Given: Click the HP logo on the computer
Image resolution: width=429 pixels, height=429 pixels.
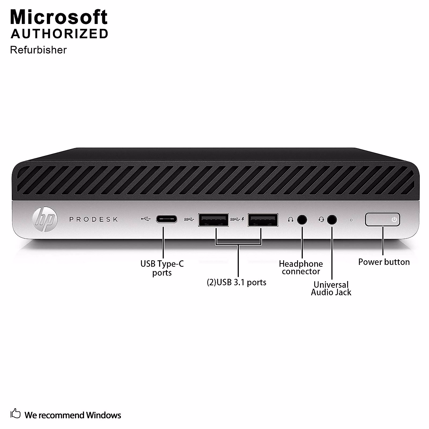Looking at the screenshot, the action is point(45,219).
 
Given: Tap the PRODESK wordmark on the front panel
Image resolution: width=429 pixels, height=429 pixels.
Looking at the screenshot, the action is point(94,219).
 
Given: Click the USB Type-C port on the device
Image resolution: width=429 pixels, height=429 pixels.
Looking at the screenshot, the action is point(166,219).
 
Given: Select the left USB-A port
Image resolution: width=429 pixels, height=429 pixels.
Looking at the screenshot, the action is point(213,220).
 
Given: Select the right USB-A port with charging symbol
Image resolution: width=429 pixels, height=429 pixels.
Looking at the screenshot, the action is point(263,220).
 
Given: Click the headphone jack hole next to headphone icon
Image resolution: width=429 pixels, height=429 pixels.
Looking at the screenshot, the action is point(302,220).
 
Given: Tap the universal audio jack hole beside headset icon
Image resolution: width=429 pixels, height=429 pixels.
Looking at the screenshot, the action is point(332,220).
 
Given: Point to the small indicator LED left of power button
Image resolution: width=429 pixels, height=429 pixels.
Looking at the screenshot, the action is point(351,220).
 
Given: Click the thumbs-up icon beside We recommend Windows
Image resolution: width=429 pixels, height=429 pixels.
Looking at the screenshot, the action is point(16,414).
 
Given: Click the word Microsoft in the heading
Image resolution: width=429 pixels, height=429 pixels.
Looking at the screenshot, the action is point(59,17).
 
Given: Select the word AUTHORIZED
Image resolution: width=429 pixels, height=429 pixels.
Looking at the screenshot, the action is point(59,34).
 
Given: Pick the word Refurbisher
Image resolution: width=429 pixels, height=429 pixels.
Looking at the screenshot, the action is point(38,50).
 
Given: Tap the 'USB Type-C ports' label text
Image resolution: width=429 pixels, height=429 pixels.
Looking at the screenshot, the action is point(162,268).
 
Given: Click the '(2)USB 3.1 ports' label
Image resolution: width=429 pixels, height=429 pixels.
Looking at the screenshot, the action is point(237,282).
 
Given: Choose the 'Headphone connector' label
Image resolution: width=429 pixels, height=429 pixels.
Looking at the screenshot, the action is point(301,267).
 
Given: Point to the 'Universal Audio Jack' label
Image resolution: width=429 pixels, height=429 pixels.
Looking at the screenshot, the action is point(331,289).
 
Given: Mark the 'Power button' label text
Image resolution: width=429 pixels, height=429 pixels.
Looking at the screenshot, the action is point(384,262).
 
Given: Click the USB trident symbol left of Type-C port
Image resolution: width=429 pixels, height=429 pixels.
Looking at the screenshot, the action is point(146,219).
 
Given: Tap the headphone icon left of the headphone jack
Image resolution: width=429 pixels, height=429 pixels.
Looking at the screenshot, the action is point(290,220).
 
